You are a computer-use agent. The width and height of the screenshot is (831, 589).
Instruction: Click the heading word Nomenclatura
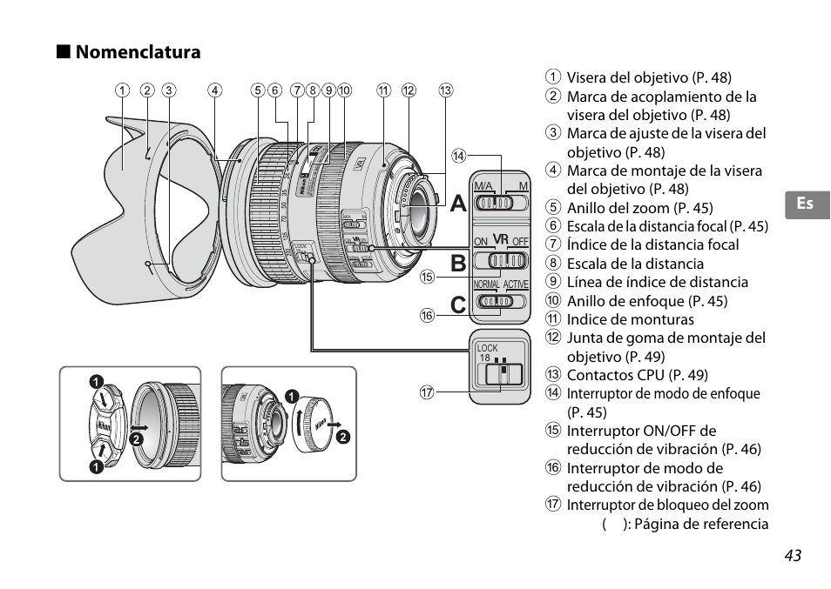pyautogui.click(x=138, y=52)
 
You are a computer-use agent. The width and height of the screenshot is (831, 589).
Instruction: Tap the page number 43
pyautogui.click(x=791, y=556)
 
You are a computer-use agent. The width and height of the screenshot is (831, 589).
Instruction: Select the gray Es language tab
pyautogui.click(x=806, y=204)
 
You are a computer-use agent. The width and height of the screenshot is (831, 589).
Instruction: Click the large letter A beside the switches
pyautogui.click(x=458, y=205)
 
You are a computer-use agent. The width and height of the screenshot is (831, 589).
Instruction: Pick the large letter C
pyautogui.click(x=458, y=305)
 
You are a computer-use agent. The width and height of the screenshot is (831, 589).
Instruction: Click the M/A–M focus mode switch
pyautogui.click(x=501, y=202)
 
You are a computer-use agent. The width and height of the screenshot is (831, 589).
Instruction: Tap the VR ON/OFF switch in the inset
pyautogui.click(x=501, y=259)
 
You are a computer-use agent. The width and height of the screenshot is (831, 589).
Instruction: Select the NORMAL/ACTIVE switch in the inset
pyautogui.click(x=501, y=301)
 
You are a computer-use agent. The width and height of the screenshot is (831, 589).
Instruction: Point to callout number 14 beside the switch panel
pyautogui.click(x=459, y=157)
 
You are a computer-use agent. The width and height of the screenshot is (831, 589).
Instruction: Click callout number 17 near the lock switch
pyautogui.click(x=427, y=392)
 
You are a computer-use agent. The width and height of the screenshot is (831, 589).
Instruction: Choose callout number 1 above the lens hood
pyautogui.click(x=123, y=90)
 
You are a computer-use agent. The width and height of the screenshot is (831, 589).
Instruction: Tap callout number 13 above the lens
pyautogui.click(x=446, y=90)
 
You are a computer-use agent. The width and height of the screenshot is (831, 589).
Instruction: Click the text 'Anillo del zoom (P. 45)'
pyautogui.click(x=639, y=207)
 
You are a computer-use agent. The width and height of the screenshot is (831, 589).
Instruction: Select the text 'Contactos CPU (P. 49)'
pyautogui.click(x=637, y=375)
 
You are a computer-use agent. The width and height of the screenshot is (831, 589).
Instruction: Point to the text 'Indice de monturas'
pyautogui.click(x=631, y=319)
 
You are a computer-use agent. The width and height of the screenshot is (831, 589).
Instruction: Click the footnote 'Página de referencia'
pyautogui.click(x=701, y=524)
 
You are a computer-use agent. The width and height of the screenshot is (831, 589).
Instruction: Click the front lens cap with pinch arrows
pyautogui.click(x=108, y=425)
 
